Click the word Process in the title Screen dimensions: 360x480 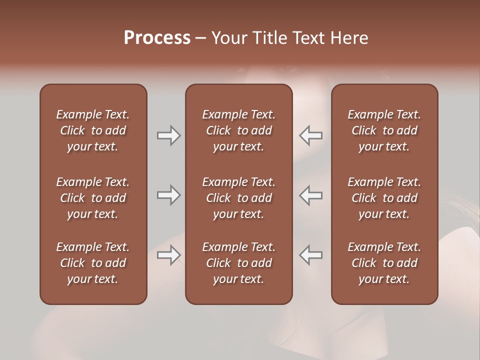coord(157,38)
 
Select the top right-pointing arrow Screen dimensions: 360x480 coord(168,135)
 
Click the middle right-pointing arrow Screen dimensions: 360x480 coord(168,195)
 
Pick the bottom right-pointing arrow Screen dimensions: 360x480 coord(168,255)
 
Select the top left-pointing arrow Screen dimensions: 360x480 coord(311,135)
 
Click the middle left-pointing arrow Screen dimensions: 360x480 coord(311,195)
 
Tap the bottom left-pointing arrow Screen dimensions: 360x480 coord(311,255)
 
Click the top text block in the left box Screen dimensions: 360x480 coord(93,130)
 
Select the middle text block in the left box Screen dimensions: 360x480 coord(93,198)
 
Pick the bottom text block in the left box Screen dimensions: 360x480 coord(93,263)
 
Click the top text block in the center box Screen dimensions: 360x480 coord(238,130)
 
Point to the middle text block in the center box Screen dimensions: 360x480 coord(238,198)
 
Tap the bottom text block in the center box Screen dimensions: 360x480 coord(238,263)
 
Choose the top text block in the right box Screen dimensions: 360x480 coord(384,130)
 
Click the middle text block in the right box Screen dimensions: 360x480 coord(384,198)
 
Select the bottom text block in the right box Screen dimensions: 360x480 coord(384,263)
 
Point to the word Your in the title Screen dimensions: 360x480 coord(229,38)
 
